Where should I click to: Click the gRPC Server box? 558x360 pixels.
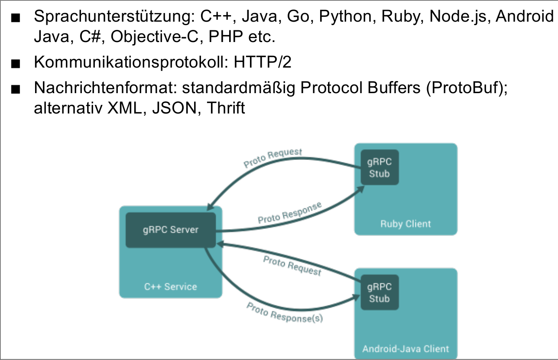click(171, 230)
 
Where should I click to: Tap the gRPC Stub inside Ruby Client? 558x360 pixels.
click(380, 168)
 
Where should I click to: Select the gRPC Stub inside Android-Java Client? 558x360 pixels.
click(380, 292)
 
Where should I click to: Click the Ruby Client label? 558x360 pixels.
click(406, 224)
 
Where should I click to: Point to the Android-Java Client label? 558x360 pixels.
click(406, 349)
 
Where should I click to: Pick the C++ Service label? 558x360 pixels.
click(170, 287)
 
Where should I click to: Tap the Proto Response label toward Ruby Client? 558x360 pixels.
click(290, 213)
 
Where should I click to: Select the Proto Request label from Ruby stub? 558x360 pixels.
click(273, 159)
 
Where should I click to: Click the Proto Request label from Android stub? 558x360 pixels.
click(292, 266)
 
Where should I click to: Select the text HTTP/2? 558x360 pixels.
click(263, 62)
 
